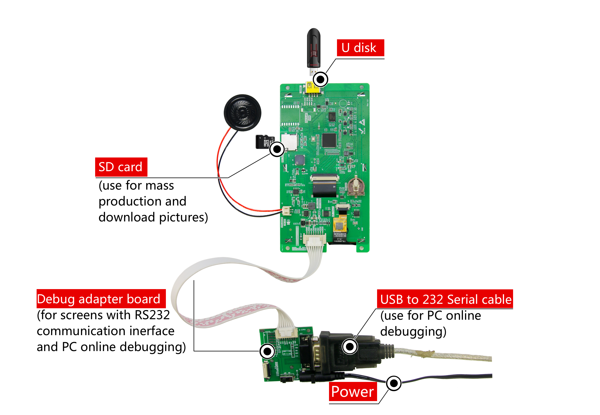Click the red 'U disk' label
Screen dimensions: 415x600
[360, 48]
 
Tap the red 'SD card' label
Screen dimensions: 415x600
[121, 167]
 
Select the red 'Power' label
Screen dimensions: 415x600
[352, 392]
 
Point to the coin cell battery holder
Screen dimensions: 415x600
[356, 187]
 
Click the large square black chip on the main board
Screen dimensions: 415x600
[329, 140]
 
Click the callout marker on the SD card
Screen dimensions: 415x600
[277, 149]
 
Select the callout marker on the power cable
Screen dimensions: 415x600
[394, 383]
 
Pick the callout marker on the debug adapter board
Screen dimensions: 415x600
[267, 352]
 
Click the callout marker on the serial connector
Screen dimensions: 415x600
[350, 346]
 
